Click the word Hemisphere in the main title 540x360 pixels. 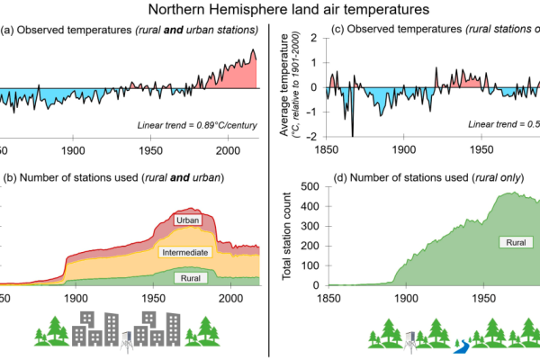[x=255, y=10]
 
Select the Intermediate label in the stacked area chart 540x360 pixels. [x=186, y=252]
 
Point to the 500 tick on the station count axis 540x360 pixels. [x=310, y=186]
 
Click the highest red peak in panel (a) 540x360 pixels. [x=254, y=50]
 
